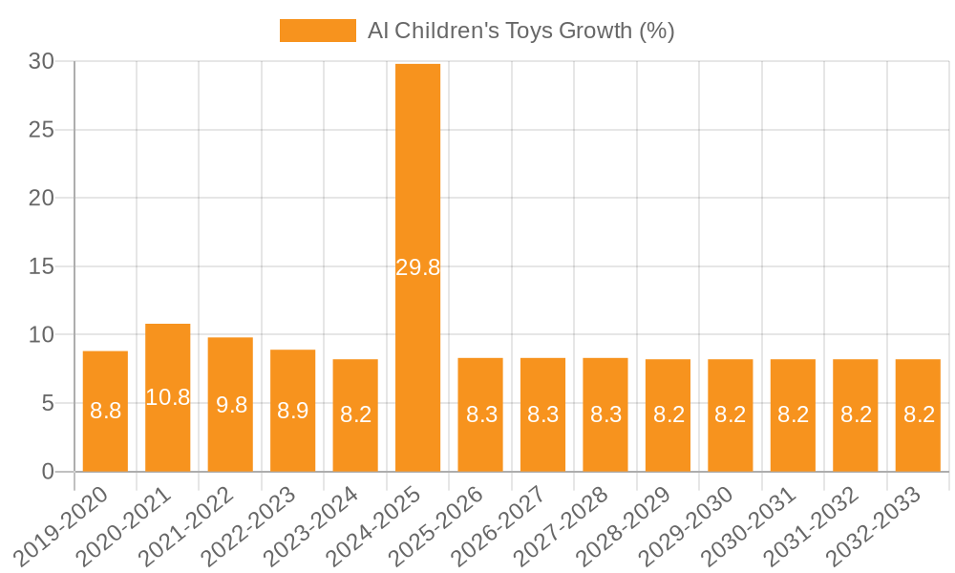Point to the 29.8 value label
tap(417, 267)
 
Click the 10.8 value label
tap(168, 397)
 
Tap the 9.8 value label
tap(230, 405)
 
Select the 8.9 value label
tap(292, 411)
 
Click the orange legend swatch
tap(317, 31)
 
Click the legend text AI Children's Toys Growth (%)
tap(520, 31)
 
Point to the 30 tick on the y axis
tap(42, 62)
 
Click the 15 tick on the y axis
tap(42, 266)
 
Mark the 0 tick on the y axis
tap(49, 472)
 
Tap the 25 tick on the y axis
tap(42, 130)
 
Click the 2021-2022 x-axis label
tap(198, 525)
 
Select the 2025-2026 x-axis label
tap(448, 525)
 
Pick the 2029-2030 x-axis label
tap(697, 525)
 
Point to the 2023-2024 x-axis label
tap(323, 525)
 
